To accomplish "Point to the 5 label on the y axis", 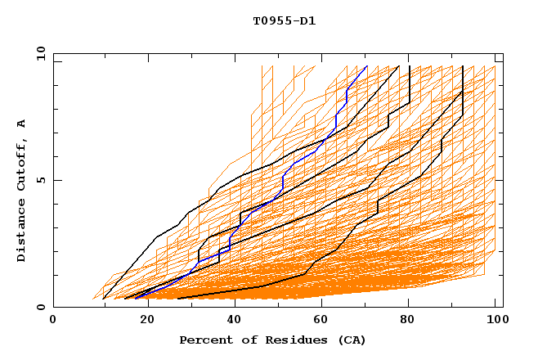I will [x=40, y=180].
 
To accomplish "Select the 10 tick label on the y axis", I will [x=38, y=53].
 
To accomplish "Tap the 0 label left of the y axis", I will [x=40, y=307].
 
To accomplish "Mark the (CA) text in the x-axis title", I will [x=349, y=340].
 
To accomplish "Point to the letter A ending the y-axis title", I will [x=22, y=123].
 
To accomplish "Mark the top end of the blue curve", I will [x=367, y=66].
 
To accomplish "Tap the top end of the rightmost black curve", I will [x=463, y=66].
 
